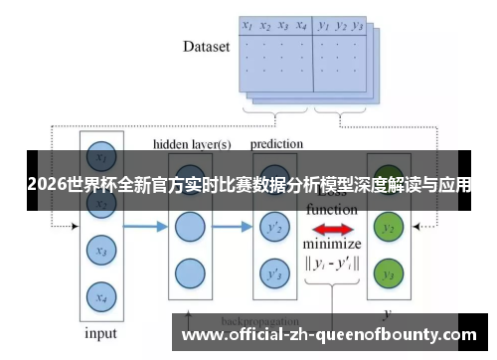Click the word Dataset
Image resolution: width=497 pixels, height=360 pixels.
click(207, 46)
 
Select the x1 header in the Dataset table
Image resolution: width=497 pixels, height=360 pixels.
click(248, 27)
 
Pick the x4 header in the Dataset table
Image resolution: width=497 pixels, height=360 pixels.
click(300, 27)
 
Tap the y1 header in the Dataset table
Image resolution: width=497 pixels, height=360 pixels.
click(323, 27)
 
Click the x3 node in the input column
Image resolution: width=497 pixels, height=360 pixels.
click(98, 251)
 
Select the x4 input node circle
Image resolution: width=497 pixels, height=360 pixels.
click(98, 296)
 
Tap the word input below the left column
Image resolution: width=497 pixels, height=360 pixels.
click(99, 333)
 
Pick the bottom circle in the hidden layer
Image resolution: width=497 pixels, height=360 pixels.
click(189, 271)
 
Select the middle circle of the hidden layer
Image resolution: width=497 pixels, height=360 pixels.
click(189, 228)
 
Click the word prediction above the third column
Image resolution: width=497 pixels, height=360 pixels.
click(276, 144)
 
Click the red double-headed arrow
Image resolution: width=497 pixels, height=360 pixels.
click(332, 230)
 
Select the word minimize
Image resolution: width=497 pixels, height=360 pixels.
click(332, 246)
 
